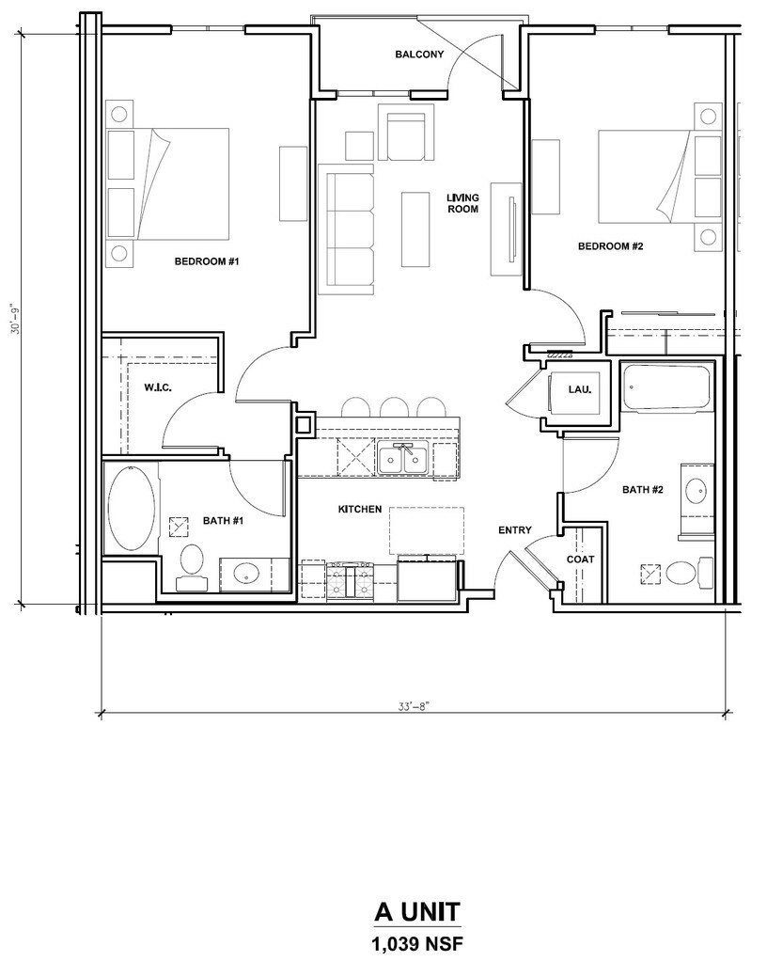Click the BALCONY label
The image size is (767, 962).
pos(419,54)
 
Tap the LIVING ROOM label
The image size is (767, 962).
pos(462,203)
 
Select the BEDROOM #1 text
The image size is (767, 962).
pos(207,261)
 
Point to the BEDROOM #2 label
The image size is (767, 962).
pos(611,246)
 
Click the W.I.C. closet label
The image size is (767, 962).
pos(158,387)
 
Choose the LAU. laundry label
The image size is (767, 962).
pos(579,389)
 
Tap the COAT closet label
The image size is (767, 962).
pos(580,559)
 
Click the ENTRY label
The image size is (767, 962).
pos(514,530)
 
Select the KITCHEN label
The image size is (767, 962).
pos(360,510)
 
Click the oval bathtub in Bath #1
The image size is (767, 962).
pos(131,509)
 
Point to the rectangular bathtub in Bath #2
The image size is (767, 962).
pos(666,387)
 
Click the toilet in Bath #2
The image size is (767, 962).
pos(689,573)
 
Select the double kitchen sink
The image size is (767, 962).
pos(402,458)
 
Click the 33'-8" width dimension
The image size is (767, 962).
pos(411,706)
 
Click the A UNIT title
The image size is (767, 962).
pos(417,912)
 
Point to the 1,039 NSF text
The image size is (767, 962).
pos(417,943)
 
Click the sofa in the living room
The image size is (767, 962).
pos(350,229)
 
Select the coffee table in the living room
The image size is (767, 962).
pos(415,229)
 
